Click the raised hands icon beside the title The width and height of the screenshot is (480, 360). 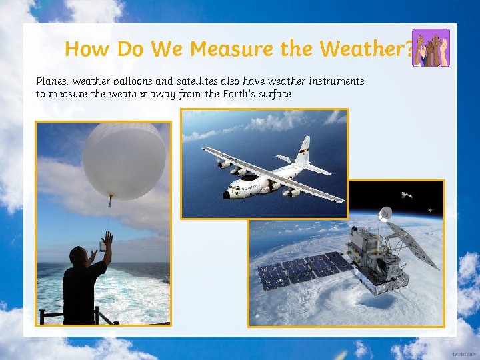point(431,48)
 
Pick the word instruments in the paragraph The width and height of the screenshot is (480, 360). point(336,81)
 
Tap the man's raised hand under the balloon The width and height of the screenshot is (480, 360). point(107,238)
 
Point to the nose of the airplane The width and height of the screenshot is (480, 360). point(227,194)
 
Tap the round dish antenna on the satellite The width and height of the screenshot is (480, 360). point(385,214)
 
